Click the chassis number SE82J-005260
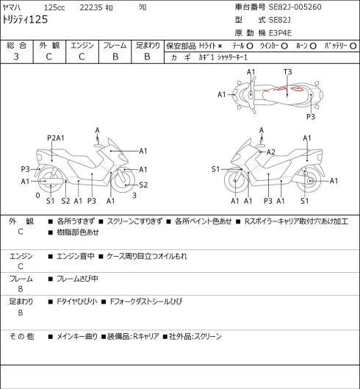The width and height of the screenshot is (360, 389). pos(295,7)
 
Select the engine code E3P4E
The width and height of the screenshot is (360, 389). pos(280,33)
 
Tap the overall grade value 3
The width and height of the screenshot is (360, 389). pos(16,57)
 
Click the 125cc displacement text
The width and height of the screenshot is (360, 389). pos(54,7)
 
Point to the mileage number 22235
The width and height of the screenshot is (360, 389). pos(91,7)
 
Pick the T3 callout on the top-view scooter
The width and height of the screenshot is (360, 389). pos(287,72)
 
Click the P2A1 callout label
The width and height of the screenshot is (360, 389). pos(56,138)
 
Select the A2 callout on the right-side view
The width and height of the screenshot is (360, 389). pos(271,152)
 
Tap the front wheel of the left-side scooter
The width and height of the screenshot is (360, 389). pos(124,180)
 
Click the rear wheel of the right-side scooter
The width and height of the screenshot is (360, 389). pos(309,180)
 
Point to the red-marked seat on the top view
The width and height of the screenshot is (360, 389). pos(287,95)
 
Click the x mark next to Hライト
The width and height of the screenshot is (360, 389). pos(220,46)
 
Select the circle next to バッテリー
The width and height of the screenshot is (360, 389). pos(353,46)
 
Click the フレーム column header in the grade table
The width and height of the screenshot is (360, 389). pos(115,46)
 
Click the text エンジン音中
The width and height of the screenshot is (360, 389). pos(76,257)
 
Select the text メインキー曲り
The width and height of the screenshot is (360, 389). pos(77,337)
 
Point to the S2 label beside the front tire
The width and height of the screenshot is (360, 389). pos(143,185)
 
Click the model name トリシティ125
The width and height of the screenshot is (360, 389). pos(25,20)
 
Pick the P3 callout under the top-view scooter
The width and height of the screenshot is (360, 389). pos(311,117)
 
